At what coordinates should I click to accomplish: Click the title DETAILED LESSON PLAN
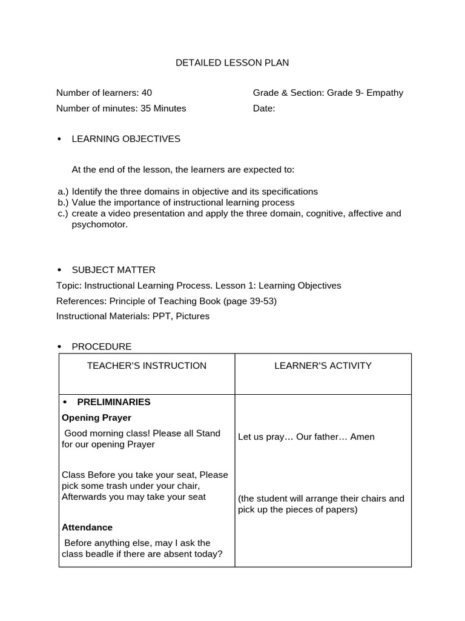coord(232,62)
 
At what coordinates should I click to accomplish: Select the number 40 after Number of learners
coord(147,93)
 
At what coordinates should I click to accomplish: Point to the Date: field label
coord(264,109)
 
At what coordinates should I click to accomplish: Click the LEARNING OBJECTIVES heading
coord(126,139)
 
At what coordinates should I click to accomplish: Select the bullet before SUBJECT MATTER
coord(59,270)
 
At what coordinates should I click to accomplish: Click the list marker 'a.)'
coord(63,192)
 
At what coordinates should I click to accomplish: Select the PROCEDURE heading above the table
coord(101,347)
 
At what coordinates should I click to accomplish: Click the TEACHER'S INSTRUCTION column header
coord(147,366)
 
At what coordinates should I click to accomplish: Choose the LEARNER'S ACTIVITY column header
coord(323,366)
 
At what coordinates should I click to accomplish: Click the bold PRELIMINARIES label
coord(113,402)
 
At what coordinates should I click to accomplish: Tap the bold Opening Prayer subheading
coord(96,418)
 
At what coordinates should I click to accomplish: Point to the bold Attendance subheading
coord(87,528)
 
